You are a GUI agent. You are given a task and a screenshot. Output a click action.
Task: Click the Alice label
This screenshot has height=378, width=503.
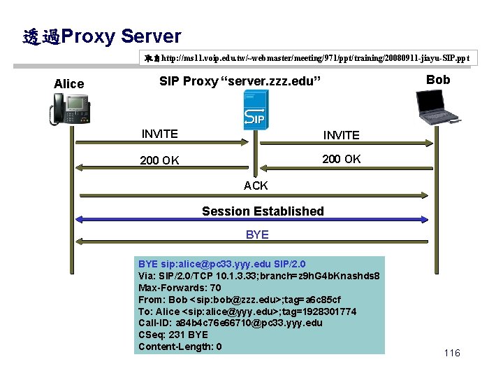click(68, 84)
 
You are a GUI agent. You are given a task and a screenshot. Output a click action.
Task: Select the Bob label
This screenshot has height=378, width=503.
click(438, 80)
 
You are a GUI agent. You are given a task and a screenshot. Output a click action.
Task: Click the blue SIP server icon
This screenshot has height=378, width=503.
click(253, 113)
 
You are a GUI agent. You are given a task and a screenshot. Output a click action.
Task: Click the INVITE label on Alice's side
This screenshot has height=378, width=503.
click(159, 134)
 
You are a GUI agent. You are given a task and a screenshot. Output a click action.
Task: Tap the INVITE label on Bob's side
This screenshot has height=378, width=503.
click(341, 135)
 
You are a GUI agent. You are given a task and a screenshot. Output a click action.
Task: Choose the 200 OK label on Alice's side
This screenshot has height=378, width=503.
click(159, 160)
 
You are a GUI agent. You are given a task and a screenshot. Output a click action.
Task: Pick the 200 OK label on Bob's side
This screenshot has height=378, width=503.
click(341, 159)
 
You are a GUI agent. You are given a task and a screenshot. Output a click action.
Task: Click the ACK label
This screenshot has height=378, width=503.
click(256, 185)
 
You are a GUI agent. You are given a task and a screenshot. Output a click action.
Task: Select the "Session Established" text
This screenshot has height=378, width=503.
click(263, 211)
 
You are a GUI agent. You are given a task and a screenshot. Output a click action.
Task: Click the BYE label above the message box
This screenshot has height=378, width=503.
click(257, 234)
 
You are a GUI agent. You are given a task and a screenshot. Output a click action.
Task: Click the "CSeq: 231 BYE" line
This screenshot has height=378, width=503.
click(173, 335)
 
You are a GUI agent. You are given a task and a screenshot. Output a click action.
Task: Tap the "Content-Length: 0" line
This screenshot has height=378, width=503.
click(180, 346)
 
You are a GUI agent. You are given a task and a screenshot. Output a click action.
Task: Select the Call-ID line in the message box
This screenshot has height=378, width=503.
click(231, 323)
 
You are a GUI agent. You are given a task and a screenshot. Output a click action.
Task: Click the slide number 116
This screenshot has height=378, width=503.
click(452, 353)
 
